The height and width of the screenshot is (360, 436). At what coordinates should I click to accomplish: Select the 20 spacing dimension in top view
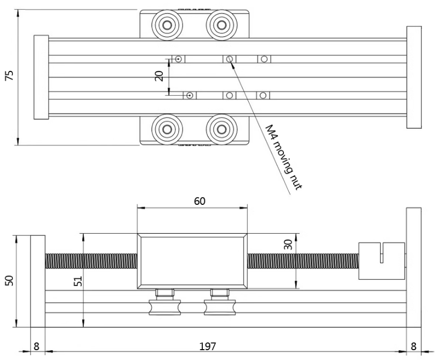coord(160,76)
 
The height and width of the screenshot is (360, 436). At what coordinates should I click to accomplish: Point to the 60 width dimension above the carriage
coord(192,200)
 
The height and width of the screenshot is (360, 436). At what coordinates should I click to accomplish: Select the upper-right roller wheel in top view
coord(220,24)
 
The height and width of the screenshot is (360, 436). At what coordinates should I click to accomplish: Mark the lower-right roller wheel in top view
coord(220,127)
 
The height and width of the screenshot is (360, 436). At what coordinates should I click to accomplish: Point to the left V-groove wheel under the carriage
coord(164,307)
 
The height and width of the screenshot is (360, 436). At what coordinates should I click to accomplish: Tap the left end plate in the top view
coord(41,78)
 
